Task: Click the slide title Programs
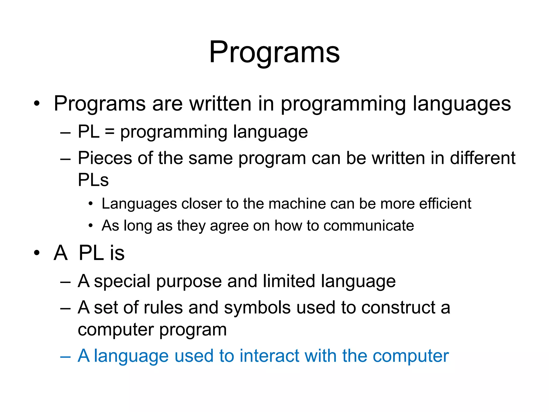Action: (274, 52)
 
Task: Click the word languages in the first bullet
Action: (462, 104)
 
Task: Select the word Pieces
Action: (105, 158)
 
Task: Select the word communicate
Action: (369, 226)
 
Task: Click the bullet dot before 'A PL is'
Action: (37, 253)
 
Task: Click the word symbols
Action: (257, 308)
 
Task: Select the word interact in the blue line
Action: (269, 356)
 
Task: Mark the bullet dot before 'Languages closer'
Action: (91, 204)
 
